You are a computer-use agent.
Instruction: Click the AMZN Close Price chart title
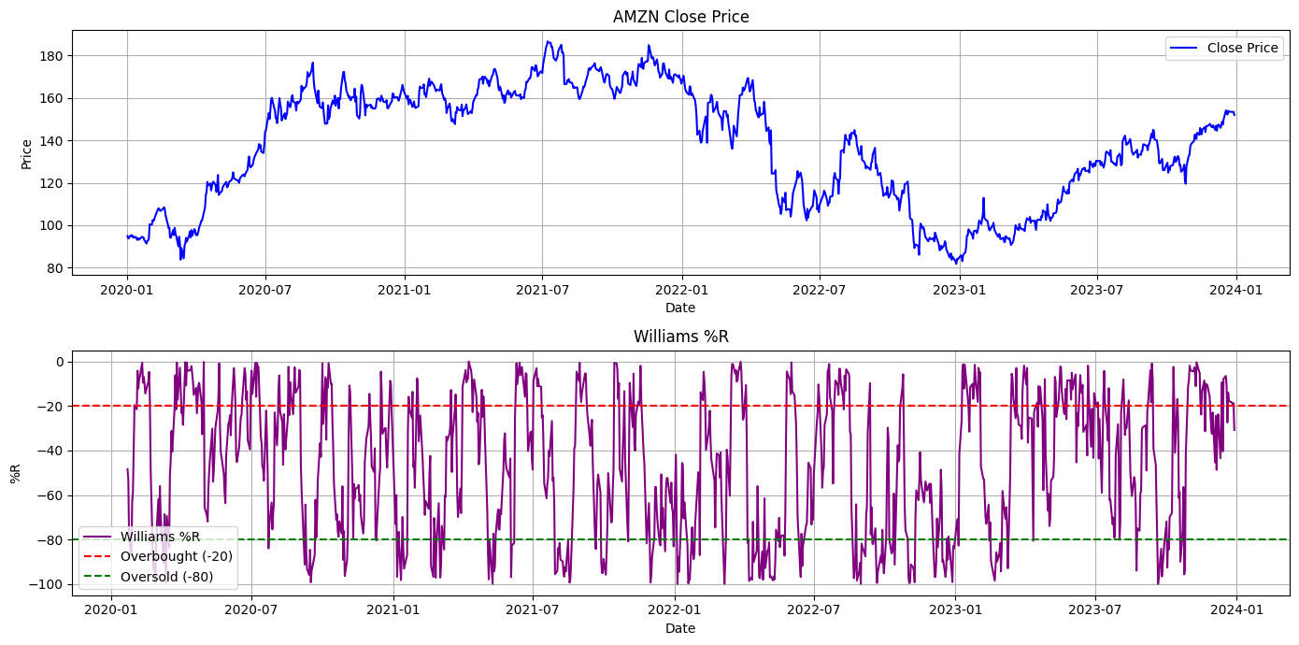coord(680,17)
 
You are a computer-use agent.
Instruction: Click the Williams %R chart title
coord(680,337)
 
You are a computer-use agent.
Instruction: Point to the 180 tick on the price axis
coord(51,56)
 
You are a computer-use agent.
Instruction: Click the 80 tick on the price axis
coord(55,268)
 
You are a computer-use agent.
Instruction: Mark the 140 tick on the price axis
coord(51,141)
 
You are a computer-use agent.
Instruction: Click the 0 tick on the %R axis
coord(58,362)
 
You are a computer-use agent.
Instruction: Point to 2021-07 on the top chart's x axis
coord(543,290)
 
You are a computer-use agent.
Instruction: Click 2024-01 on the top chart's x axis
coord(1236,290)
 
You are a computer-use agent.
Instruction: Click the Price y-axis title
coord(26,153)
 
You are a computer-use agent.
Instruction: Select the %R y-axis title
coord(15,473)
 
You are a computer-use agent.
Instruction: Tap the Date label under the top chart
coord(680,308)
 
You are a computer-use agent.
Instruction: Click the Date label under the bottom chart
coord(680,628)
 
